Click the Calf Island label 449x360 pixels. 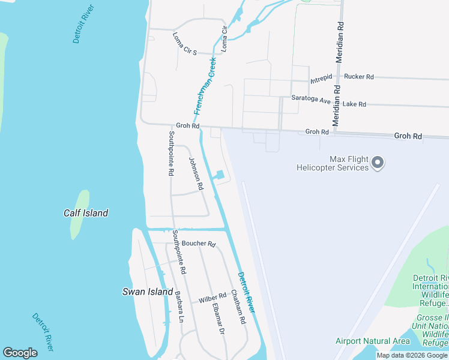(x=86, y=213)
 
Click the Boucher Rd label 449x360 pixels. (x=198, y=244)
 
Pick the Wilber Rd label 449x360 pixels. (x=212, y=296)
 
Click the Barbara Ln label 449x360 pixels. (x=179, y=307)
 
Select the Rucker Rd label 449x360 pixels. (x=359, y=77)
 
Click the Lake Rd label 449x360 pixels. (x=354, y=104)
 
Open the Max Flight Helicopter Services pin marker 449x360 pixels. (x=378, y=162)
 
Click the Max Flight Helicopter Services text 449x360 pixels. (x=333, y=163)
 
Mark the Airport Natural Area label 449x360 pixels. (x=372, y=341)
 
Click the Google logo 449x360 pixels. (x=20, y=353)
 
